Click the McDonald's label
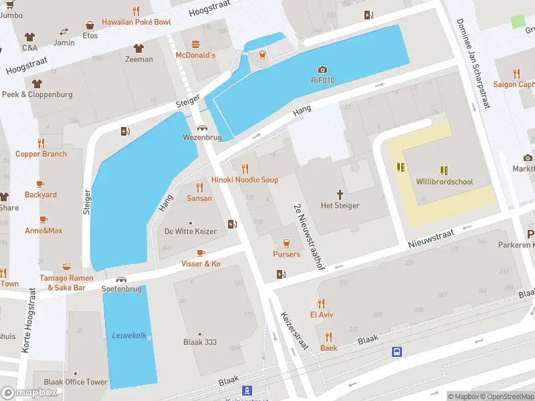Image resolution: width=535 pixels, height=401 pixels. pyautogui.click(x=195, y=55)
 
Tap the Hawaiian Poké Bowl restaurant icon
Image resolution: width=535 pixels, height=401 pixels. pyautogui.click(x=136, y=11)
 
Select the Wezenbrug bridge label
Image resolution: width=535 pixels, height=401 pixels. pyautogui.click(x=201, y=138)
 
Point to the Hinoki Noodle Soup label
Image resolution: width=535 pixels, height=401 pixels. pyautogui.click(x=245, y=180)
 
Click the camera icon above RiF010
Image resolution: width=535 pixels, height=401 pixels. pyautogui.click(x=322, y=70)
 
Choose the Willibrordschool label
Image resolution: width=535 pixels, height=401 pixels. pyautogui.click(x=444, y=182)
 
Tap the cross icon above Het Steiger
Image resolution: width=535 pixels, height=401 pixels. pyautogui.click(x=340, y=194)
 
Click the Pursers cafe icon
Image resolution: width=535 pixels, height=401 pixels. pyautogui.click(x=286, y=243)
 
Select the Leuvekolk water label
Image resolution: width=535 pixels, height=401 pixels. pyautogui.click(x=129, y=336)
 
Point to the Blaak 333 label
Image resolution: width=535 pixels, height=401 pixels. pyautogui.click(x=200, y=342)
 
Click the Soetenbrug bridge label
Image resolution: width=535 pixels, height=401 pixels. pyautogui.click(x=121, y=289)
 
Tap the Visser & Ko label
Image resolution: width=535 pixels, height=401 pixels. pyautogui.click(x=201, y=264)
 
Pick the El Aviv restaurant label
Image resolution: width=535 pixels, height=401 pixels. pyautogui.click(x=321, y=314)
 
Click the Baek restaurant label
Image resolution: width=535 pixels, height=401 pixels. pyautogui.click(x=328, y=348)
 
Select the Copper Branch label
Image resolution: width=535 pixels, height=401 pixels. pyautogui.click(x=41, y=154)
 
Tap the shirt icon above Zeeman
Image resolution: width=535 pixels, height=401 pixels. pyautogui.click(x=138, y=48)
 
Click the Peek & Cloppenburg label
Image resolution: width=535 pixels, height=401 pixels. pyautogui.click(x=37, y=94)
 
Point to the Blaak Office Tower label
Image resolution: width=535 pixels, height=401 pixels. pyautogui.click(x=75, y=382)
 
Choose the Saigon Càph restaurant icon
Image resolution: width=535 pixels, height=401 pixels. pyautogui.click(x=516, y=74)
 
